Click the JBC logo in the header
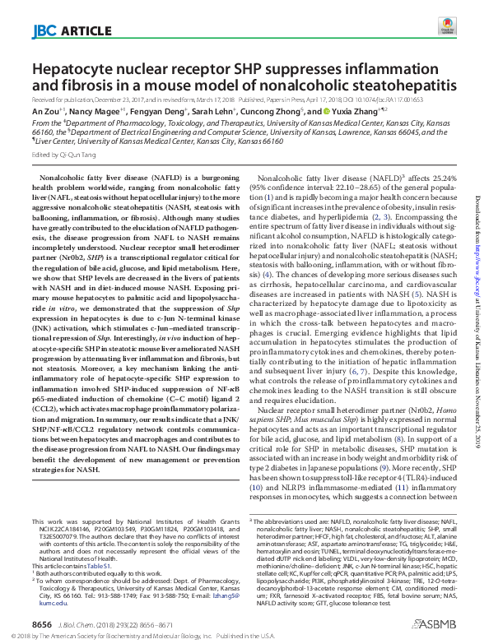point(44,32)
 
